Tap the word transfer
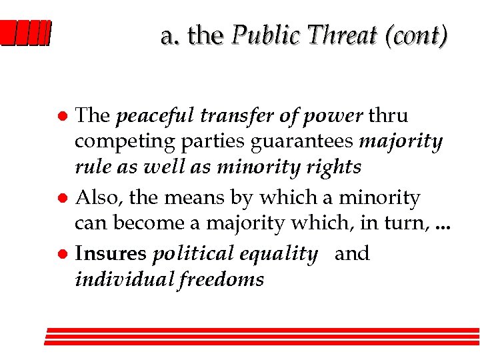(235, 116)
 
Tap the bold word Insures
(111, 254)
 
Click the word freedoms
(221, 279)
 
